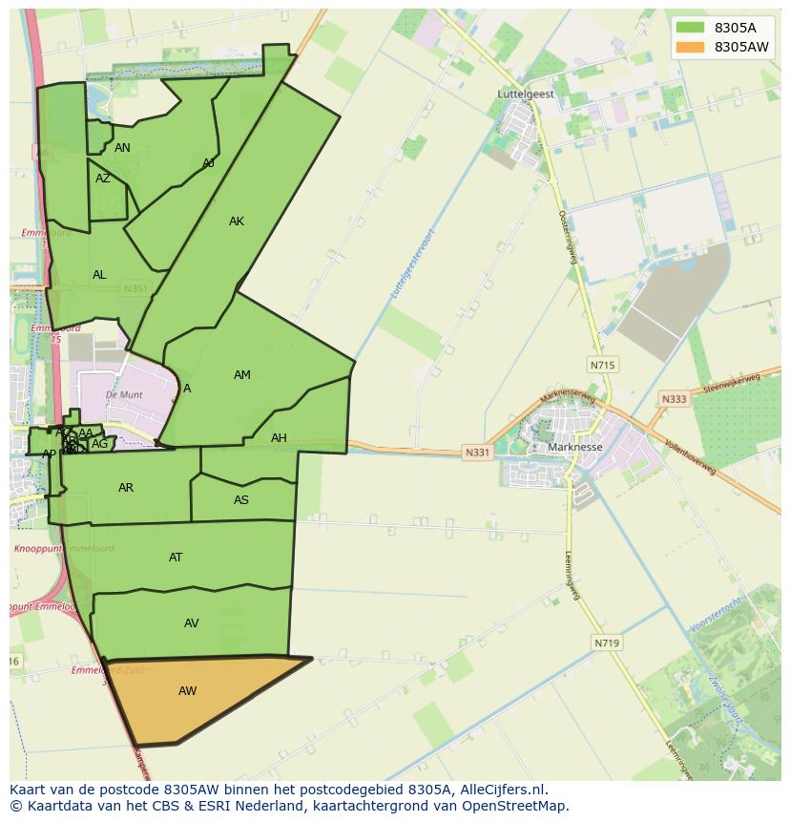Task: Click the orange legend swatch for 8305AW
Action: tap(690, 47)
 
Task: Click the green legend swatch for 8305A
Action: tap(690, 28)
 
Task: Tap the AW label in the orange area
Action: tap(187, 691)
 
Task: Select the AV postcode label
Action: tap(192, 623)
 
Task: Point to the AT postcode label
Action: tap(176, 558)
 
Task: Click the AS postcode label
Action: tap(241, 500)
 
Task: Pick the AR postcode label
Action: tap(126, 488)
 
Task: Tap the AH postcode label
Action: tap(279, 438)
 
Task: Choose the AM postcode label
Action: tap(242, 375)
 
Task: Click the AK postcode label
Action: tap(237, 221)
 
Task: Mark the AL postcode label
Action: tap(99, 275)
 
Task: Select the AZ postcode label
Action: tap(103, 179)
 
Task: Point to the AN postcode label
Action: tap(122, 148)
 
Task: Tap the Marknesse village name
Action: tap(575, 447)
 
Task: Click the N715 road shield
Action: tap(602, 365)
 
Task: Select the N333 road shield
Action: tap(674, 399)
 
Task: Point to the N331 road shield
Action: tap(477, 453)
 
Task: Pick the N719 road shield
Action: tap(606, 643)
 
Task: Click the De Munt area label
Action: tap(124, 394)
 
